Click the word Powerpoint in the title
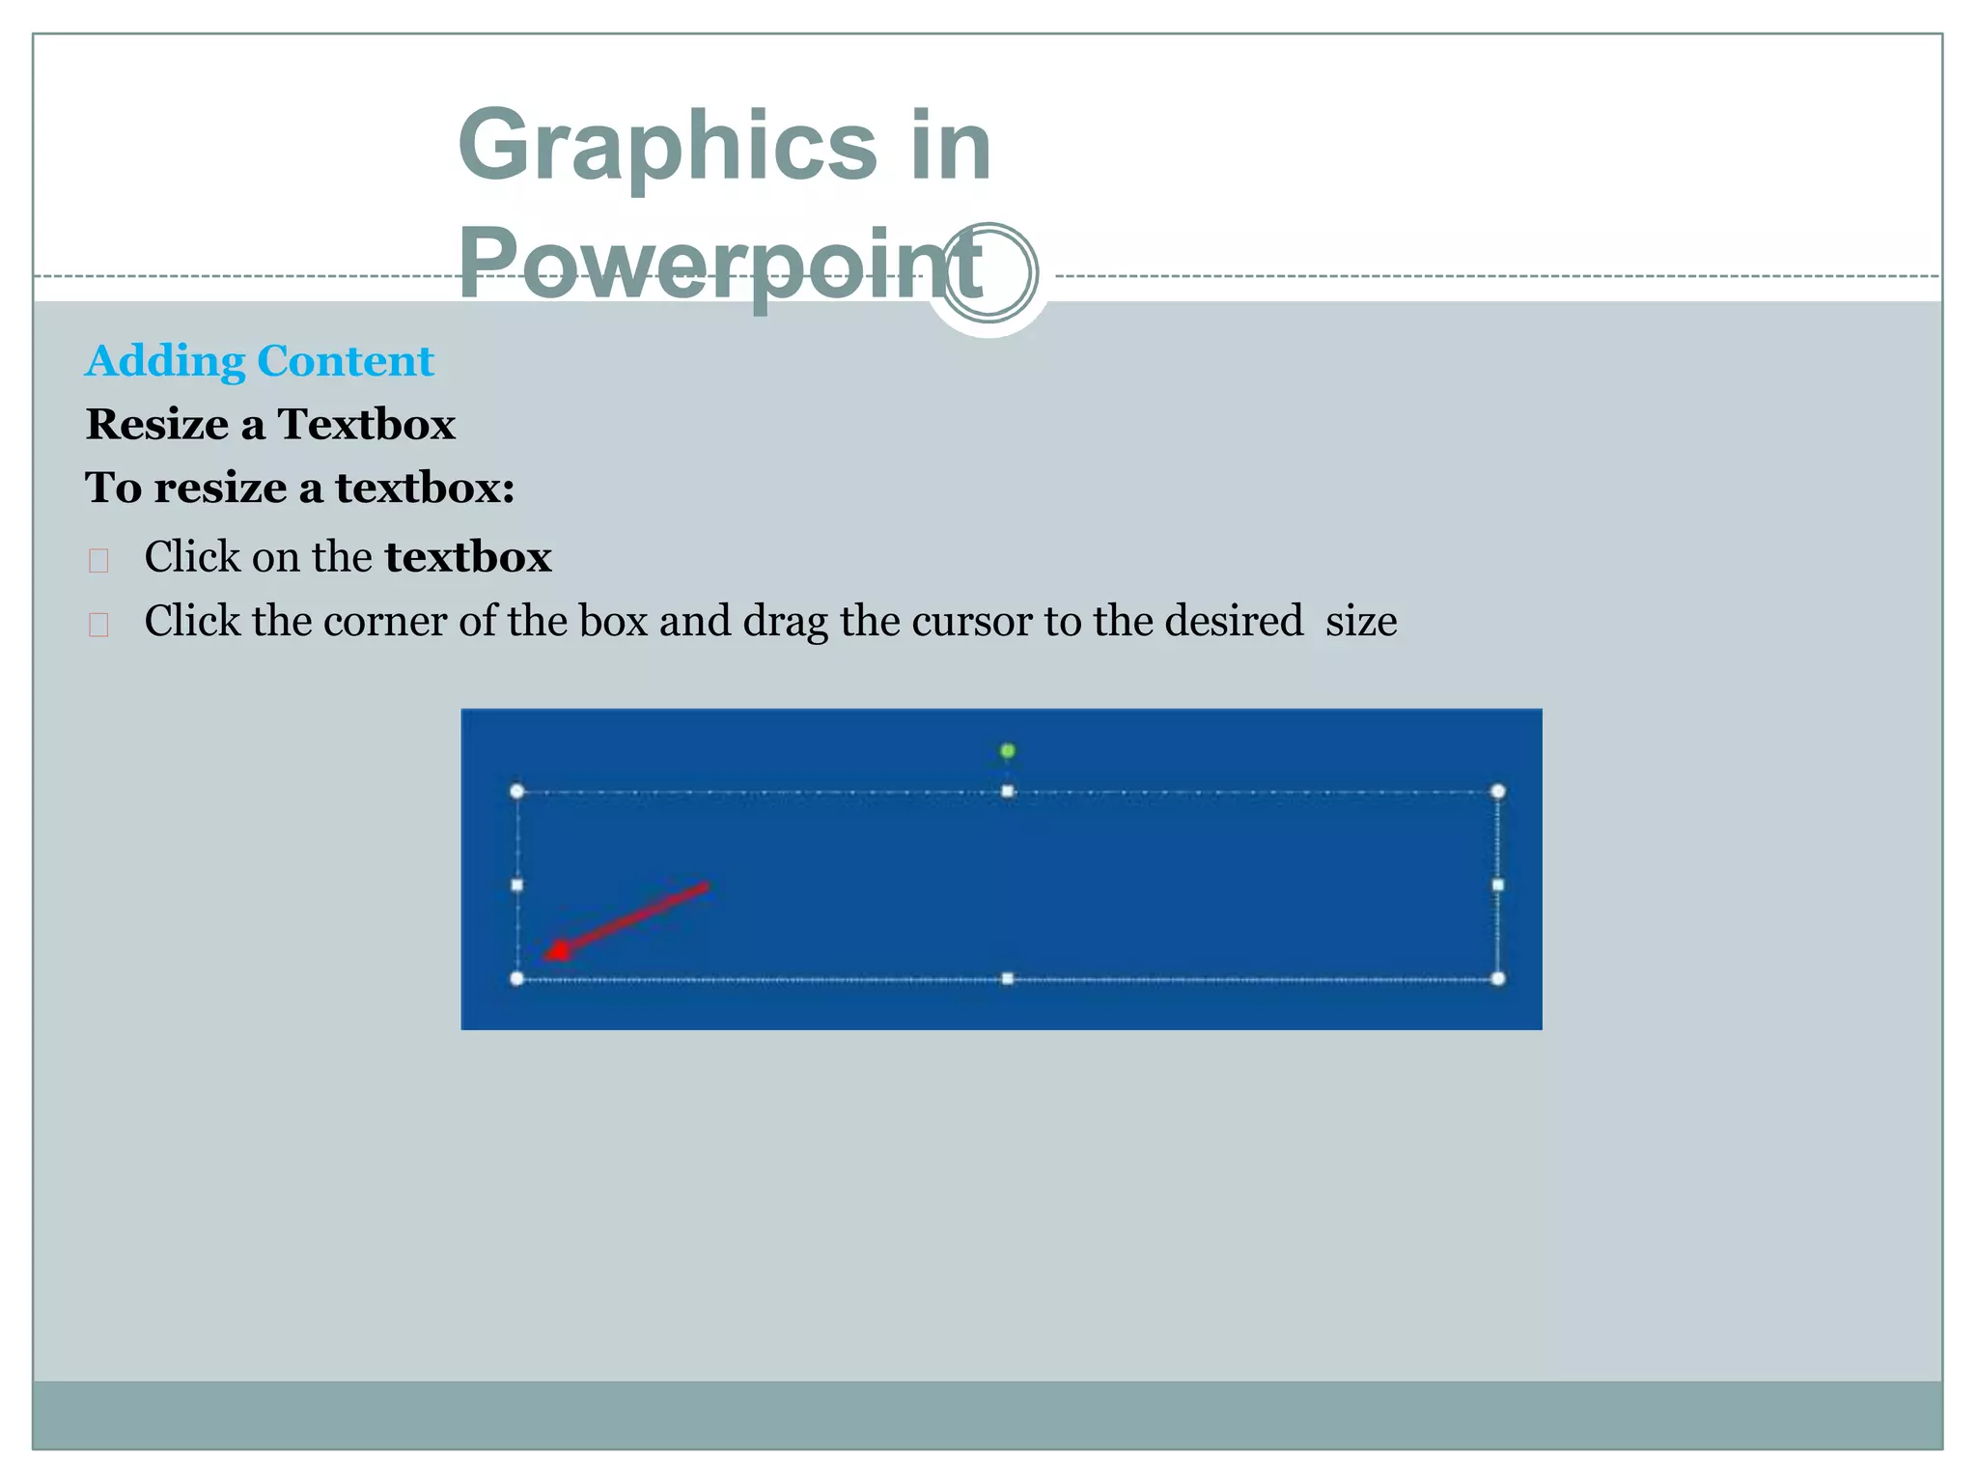(x=719, y=265)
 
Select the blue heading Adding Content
(x=260, y=361)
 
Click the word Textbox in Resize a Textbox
(x=366, y=425)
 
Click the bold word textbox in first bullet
(x=467, y=557)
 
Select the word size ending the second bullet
(x=1360, y=621)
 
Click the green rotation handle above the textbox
(x=1007, y=750)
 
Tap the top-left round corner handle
(x=517, y=792)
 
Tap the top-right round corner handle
(x=1497, y=792)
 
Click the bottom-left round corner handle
(x=517, y=978)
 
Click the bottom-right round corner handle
(x=1497, y=978)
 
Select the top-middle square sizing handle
(x=1007, y=792)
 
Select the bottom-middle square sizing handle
(x=1007, y=978)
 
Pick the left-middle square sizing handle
(x=517, y=884)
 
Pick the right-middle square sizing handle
(x=1497, y=884)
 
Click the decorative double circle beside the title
(x=988, y=273)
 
